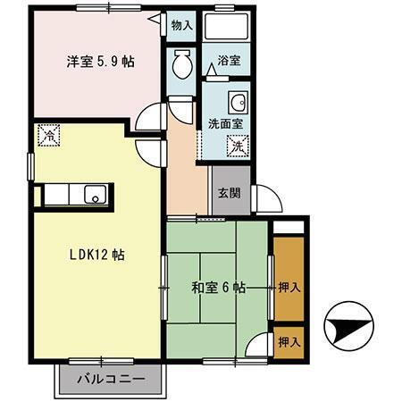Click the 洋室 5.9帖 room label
coord(99,63)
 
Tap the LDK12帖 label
coord(97,255)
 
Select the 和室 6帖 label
coord(215,288)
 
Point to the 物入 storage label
coord(182,26)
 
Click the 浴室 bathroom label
coord(230,63)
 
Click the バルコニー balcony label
coord(113,378)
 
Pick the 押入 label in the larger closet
coord(288,288)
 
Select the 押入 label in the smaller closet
coord(288,341)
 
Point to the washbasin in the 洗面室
coord(239,100)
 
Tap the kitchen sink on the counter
coord(94,194)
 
